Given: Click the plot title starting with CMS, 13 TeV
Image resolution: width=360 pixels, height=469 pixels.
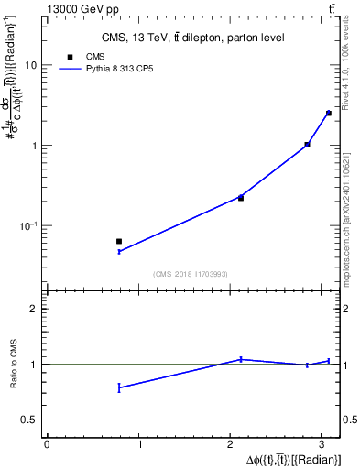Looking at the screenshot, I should [192, 38].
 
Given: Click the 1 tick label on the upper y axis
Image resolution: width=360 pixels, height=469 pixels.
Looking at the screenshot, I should [35, 146].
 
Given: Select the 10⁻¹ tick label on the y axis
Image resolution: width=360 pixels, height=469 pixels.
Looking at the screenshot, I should [29, 225].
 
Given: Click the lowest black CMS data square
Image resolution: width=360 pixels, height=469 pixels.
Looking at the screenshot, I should [119, 241].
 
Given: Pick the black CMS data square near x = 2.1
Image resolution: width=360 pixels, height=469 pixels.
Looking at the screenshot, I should [241, 198].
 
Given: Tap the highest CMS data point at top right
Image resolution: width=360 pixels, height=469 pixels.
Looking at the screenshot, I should [328, 113].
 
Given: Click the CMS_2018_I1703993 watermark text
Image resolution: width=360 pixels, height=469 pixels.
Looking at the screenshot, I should [191, 274].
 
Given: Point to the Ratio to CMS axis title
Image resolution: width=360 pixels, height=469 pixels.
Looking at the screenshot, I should [14, 365].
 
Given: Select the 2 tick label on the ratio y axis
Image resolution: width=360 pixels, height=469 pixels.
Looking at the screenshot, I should [34, 309].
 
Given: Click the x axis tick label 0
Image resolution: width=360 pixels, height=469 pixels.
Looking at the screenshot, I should [47, 444].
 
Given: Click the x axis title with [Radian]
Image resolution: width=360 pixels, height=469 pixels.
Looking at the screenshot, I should [292, 459].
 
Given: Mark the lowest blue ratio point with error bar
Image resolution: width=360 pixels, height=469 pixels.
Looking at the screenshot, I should [119, 387].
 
